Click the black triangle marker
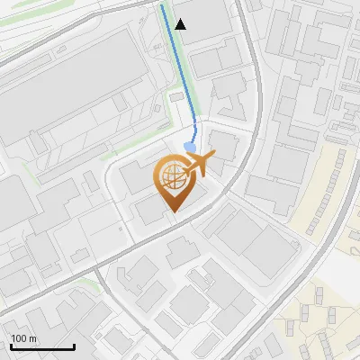181,24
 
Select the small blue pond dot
190,147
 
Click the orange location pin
172,180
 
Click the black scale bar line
41,347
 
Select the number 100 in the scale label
19,338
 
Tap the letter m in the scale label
32,338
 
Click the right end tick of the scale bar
74,346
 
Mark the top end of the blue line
162,5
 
